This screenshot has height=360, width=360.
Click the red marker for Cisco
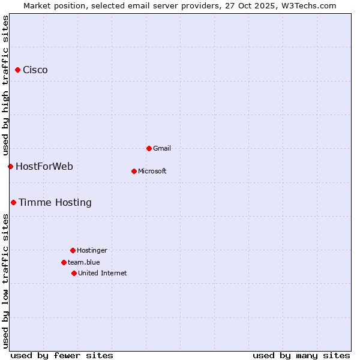coord(17,70)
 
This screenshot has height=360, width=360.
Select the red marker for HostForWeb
coord(10,166)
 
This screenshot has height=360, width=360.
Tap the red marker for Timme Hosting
coord(13,203)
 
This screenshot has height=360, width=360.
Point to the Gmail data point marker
coord(149,148)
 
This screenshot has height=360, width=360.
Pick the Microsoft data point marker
coord(134,171)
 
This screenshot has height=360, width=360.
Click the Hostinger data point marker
coord(73,250)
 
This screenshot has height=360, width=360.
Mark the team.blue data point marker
coord(64,262)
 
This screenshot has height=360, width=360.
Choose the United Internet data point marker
coord(74,273)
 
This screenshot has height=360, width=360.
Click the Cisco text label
coord(35,70)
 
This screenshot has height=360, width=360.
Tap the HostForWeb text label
coord(44,166)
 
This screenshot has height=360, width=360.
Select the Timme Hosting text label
coord(55,203)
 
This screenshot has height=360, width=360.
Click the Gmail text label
coord(162,148)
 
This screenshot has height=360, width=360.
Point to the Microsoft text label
coord(152,171)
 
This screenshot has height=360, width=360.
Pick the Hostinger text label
coord(92,250)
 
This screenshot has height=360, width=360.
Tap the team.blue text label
coord(84,262)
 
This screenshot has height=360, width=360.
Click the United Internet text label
coord(103,273)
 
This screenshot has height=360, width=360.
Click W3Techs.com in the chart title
coord(308,5)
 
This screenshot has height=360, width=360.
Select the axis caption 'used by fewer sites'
coord(62,355)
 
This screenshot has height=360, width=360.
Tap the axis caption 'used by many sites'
coord(301,355)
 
